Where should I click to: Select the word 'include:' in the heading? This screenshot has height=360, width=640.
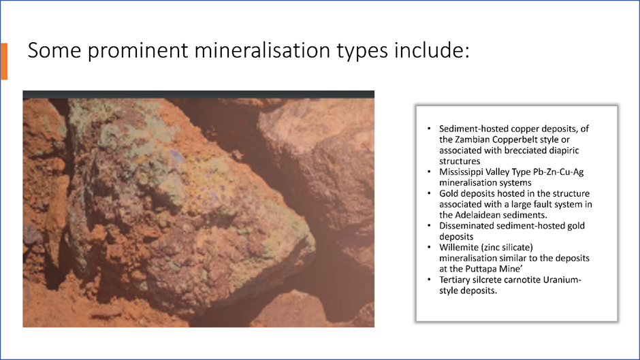coord(432,50)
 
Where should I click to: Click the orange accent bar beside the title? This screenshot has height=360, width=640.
coord(3,61)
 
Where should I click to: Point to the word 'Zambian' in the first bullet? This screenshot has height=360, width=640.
coord(470,140)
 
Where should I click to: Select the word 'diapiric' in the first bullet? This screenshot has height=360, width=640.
coord(563,150)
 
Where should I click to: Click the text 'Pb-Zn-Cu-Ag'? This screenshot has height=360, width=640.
coord(558,172)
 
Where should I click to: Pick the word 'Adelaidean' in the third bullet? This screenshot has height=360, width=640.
coord(476,215)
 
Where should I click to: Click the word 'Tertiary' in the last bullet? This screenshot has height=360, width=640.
coord(454,280)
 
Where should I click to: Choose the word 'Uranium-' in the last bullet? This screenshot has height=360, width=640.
coord(562,280)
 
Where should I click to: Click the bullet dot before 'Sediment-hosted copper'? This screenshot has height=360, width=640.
coord(429,129)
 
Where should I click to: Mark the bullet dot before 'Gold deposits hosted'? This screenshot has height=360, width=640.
coord(429,193)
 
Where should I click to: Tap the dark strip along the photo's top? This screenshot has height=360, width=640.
coord(198,95)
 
